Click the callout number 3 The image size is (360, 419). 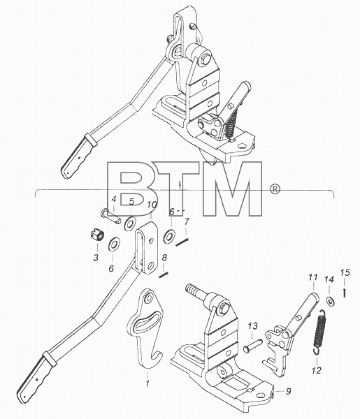click(96, 258)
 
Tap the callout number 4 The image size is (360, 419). click(114, 199)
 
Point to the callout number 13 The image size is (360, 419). click(253, 325)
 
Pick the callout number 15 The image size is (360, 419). click(345, 273)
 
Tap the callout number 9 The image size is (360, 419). click(288, 392)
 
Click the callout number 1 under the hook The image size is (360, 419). click(147, 383)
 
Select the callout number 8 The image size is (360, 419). click(164, 258)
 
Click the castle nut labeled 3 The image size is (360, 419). click(97, 235)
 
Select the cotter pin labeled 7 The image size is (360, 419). click(182, 242)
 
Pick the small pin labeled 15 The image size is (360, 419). click(345, 293)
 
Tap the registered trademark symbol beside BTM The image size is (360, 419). click(275, 189)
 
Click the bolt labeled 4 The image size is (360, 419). click(110, 217)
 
